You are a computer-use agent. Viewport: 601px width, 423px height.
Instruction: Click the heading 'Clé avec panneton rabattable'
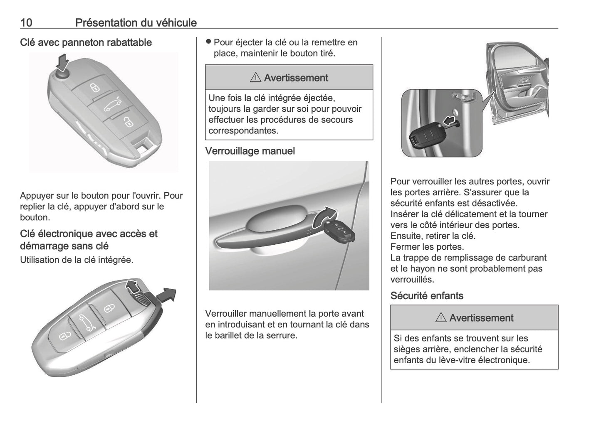point(86,42)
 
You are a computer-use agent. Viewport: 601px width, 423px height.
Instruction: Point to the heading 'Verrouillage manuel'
point(250,151)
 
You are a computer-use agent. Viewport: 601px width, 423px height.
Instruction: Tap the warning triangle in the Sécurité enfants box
point(441,318)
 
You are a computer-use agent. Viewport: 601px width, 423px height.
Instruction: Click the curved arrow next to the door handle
point(325,216)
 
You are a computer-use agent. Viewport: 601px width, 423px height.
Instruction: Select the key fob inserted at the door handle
point(339,233)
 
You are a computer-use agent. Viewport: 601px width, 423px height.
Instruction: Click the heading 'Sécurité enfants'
point(427,296)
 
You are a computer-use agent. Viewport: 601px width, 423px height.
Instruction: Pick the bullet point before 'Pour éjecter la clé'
point(209,42)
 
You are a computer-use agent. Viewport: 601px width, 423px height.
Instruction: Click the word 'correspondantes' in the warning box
point(243,130)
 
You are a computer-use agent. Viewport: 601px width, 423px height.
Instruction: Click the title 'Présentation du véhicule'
point(136,22)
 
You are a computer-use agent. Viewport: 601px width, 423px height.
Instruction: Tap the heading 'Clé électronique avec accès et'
point(89,234)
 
